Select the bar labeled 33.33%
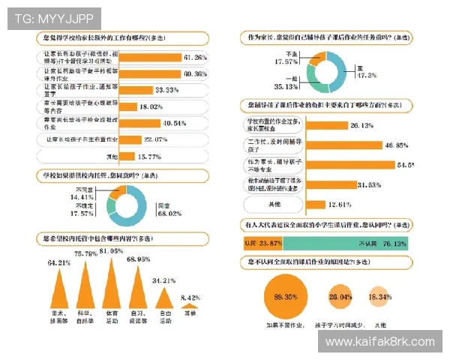136,89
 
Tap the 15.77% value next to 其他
149,156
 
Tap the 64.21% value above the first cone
59,263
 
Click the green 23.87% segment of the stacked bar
262,244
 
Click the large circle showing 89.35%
285,298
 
